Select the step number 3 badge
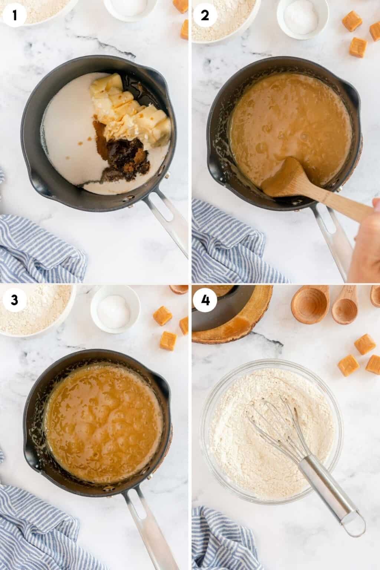[x=14, y=300]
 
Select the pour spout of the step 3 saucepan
[x=163, y=382]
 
